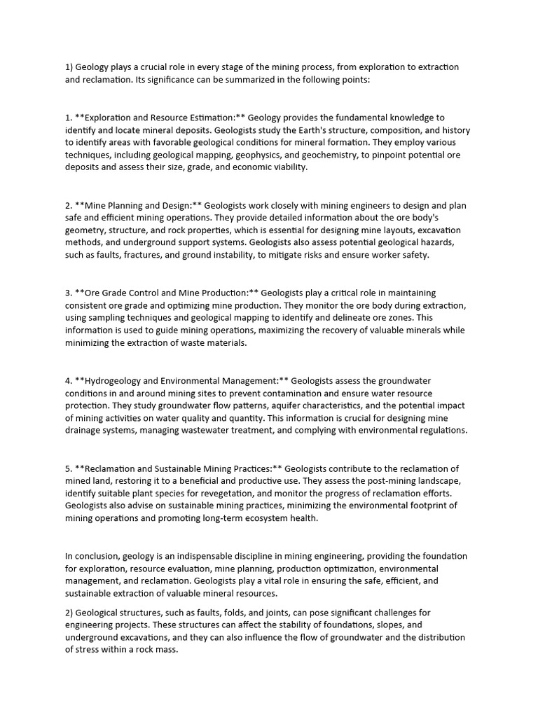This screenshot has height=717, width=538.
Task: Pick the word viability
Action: (x=284, y=168)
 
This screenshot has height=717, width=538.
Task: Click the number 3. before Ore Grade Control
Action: (x=69, y=293)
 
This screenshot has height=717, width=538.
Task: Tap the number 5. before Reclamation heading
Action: (x=69, y=468)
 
